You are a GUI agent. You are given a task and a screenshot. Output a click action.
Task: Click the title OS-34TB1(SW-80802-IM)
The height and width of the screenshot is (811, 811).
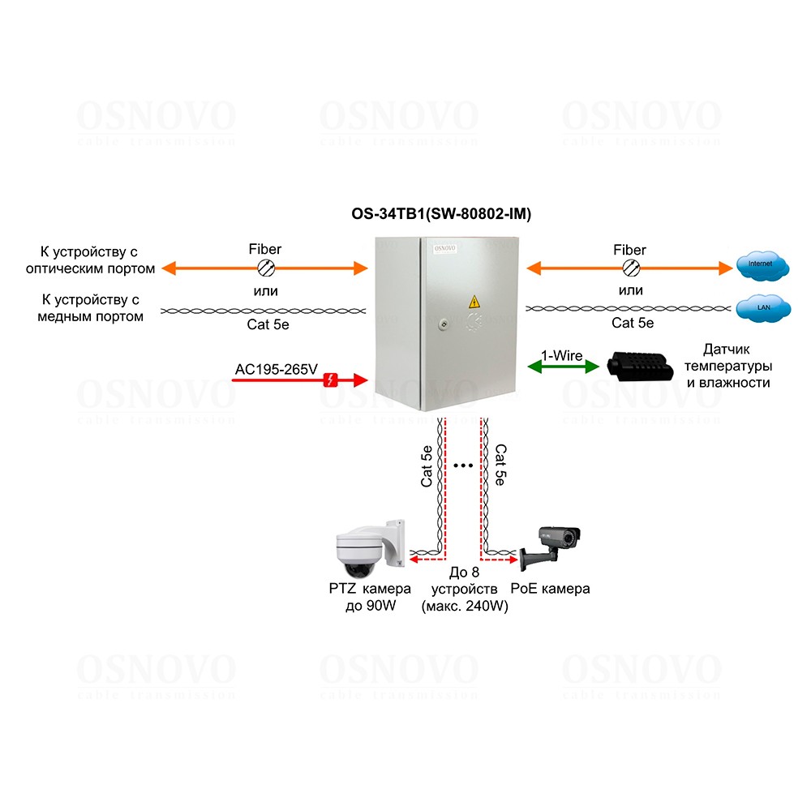tap(440, 214)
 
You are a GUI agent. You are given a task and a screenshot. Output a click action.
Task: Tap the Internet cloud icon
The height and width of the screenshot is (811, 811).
tap(762, 264)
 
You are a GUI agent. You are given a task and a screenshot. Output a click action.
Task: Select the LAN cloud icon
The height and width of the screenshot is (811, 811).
tap(762, 307)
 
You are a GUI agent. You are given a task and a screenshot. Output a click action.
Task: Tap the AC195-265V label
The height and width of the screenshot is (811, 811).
tap(276, 370)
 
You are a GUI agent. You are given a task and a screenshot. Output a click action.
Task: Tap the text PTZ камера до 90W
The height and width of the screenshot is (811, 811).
tap(371, 598)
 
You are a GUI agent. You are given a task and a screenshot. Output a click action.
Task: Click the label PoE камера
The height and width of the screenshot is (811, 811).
tap(550, 589)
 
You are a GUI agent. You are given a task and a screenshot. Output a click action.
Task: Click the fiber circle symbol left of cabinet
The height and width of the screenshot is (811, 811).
tap(264, 268)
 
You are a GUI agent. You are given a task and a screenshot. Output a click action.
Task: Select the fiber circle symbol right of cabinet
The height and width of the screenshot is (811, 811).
tap(629, 268)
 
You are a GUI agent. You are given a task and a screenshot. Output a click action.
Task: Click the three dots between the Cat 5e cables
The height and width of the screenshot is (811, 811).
tap(464, 466)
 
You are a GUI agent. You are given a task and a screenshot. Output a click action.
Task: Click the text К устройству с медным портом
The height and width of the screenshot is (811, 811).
tap(91, 309)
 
